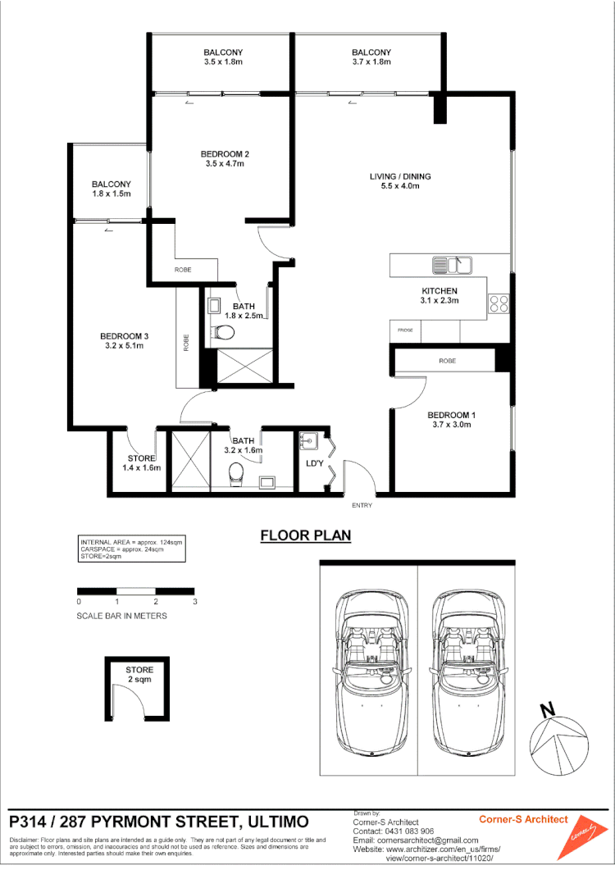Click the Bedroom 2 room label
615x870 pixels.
(225, 154)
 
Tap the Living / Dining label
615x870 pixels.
(399, 176)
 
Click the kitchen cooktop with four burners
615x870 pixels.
(499, 303)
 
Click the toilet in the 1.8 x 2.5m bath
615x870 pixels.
(222, 332)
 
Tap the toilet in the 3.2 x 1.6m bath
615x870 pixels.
(236, 472)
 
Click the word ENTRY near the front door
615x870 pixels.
(362, 505)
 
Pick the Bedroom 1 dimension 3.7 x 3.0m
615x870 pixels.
(451, 425)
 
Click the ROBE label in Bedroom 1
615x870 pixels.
(447, 361)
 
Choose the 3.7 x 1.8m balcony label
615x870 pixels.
(371, 62)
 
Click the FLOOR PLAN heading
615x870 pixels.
(305, 536)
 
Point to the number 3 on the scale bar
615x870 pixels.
(195, 602)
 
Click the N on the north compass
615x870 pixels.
(547, 709)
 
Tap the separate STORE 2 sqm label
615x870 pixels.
(139, 675)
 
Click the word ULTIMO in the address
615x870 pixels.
(267, 822)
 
